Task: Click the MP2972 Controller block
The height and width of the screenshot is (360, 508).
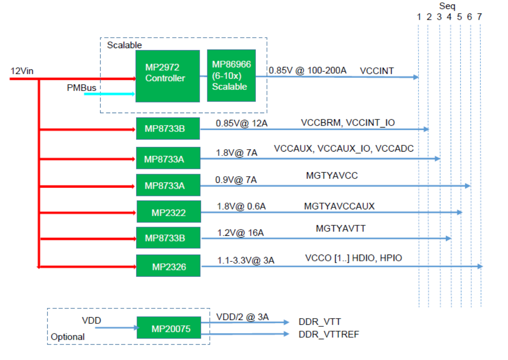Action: coord(167,76)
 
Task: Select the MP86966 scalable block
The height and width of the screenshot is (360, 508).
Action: coord(231,76)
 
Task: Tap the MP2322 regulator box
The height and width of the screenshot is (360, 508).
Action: coord(168,212)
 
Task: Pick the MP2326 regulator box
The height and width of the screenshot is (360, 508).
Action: coord(168,266)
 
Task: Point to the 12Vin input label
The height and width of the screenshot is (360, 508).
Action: coord(22,71)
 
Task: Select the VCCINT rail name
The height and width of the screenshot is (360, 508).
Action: coord(377,71)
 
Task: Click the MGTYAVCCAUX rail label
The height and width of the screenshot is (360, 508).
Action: coord(339,206)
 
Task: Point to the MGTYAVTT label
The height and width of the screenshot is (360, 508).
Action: coord(341,228)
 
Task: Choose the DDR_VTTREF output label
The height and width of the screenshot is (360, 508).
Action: coord(329,334)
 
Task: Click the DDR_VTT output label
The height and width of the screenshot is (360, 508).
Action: coord(320,321)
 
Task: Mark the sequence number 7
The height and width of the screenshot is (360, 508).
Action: coord(479,17)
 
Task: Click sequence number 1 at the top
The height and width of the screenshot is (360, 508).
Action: coord(419,17)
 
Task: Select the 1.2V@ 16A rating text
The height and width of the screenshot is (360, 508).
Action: coord(240,233)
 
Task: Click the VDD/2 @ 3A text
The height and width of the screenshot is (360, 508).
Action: coord(242,317)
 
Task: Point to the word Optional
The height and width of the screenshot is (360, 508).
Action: coord(68,337)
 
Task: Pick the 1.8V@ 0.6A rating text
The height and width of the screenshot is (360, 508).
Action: coord(241,206)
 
